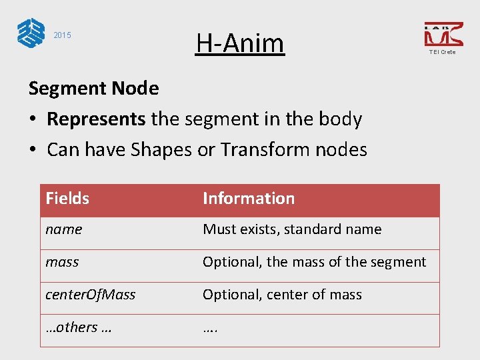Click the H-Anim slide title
(240, 43)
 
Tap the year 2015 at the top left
(62, 35)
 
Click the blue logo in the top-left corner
(31, 33)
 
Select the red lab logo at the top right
(443, 34)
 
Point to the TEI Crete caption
(443, 52)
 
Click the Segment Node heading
(93, 88)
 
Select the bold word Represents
(96, 119)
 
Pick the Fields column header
(67, 199)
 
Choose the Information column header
(249, 199)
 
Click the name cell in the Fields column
(64, 229)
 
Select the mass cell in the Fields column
(62, 262)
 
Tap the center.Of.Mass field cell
(90, 295)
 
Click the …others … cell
(78, 327)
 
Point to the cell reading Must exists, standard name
(292, 229)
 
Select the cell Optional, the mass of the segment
(314, 262)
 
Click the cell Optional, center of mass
(282, 295)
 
